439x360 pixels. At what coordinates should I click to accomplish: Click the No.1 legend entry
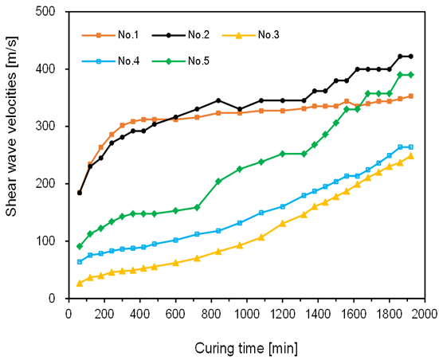(x=110, y=35)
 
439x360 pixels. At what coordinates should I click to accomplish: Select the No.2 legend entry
(x=181, y=35)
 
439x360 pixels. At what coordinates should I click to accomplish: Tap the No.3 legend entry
(x=251, y=35)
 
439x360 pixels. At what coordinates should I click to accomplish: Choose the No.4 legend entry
(x=110, y=61)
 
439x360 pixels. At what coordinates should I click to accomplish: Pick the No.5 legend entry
(x=181, y=61)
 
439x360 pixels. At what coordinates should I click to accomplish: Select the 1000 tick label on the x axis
(x=247, y=314)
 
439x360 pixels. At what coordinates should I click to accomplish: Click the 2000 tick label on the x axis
(x=425, y=314)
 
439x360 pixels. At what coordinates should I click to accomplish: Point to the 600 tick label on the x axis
(x=175, y=314)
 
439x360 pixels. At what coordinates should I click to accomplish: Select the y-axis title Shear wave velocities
(x=11, y=127)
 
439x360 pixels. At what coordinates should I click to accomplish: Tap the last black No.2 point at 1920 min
(x=411, y=57)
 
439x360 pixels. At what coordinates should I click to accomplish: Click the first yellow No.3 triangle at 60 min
(x=80, y=284)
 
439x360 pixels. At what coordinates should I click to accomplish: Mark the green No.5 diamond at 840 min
(x=218, y=182)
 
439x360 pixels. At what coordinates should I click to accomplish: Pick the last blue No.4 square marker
(x=411, y=147)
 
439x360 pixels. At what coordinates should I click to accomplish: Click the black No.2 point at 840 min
(x=218, y=100)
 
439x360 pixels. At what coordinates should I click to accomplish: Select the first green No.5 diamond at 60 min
(x=80, y=247)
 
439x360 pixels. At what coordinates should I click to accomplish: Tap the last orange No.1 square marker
(x=411, y=96)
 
